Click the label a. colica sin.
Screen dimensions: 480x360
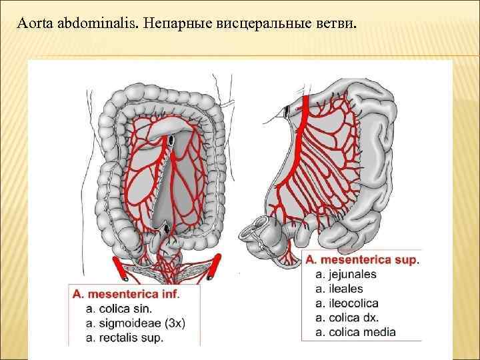point(119,309)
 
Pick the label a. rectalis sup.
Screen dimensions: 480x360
point(125,337)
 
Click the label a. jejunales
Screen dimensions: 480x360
point(347,274)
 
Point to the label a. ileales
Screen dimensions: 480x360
point(339,289)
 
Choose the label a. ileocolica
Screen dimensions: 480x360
point(347,303)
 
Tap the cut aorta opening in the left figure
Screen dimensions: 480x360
point(171,140)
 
